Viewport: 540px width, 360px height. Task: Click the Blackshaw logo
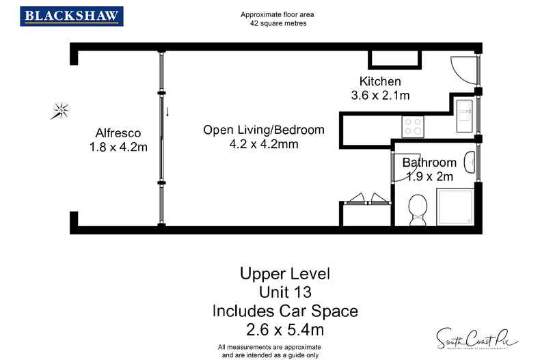coord(72,16)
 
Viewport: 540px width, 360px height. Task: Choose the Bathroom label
coord(429,163)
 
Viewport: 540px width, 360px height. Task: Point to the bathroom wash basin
coord(470,163)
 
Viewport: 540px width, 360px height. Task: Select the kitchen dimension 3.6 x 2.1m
coord(380,96)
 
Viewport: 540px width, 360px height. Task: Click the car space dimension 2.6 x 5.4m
coord(285,330)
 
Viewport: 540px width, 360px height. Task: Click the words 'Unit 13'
coord(285,292)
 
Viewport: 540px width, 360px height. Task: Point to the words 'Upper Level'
coord(285,274)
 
